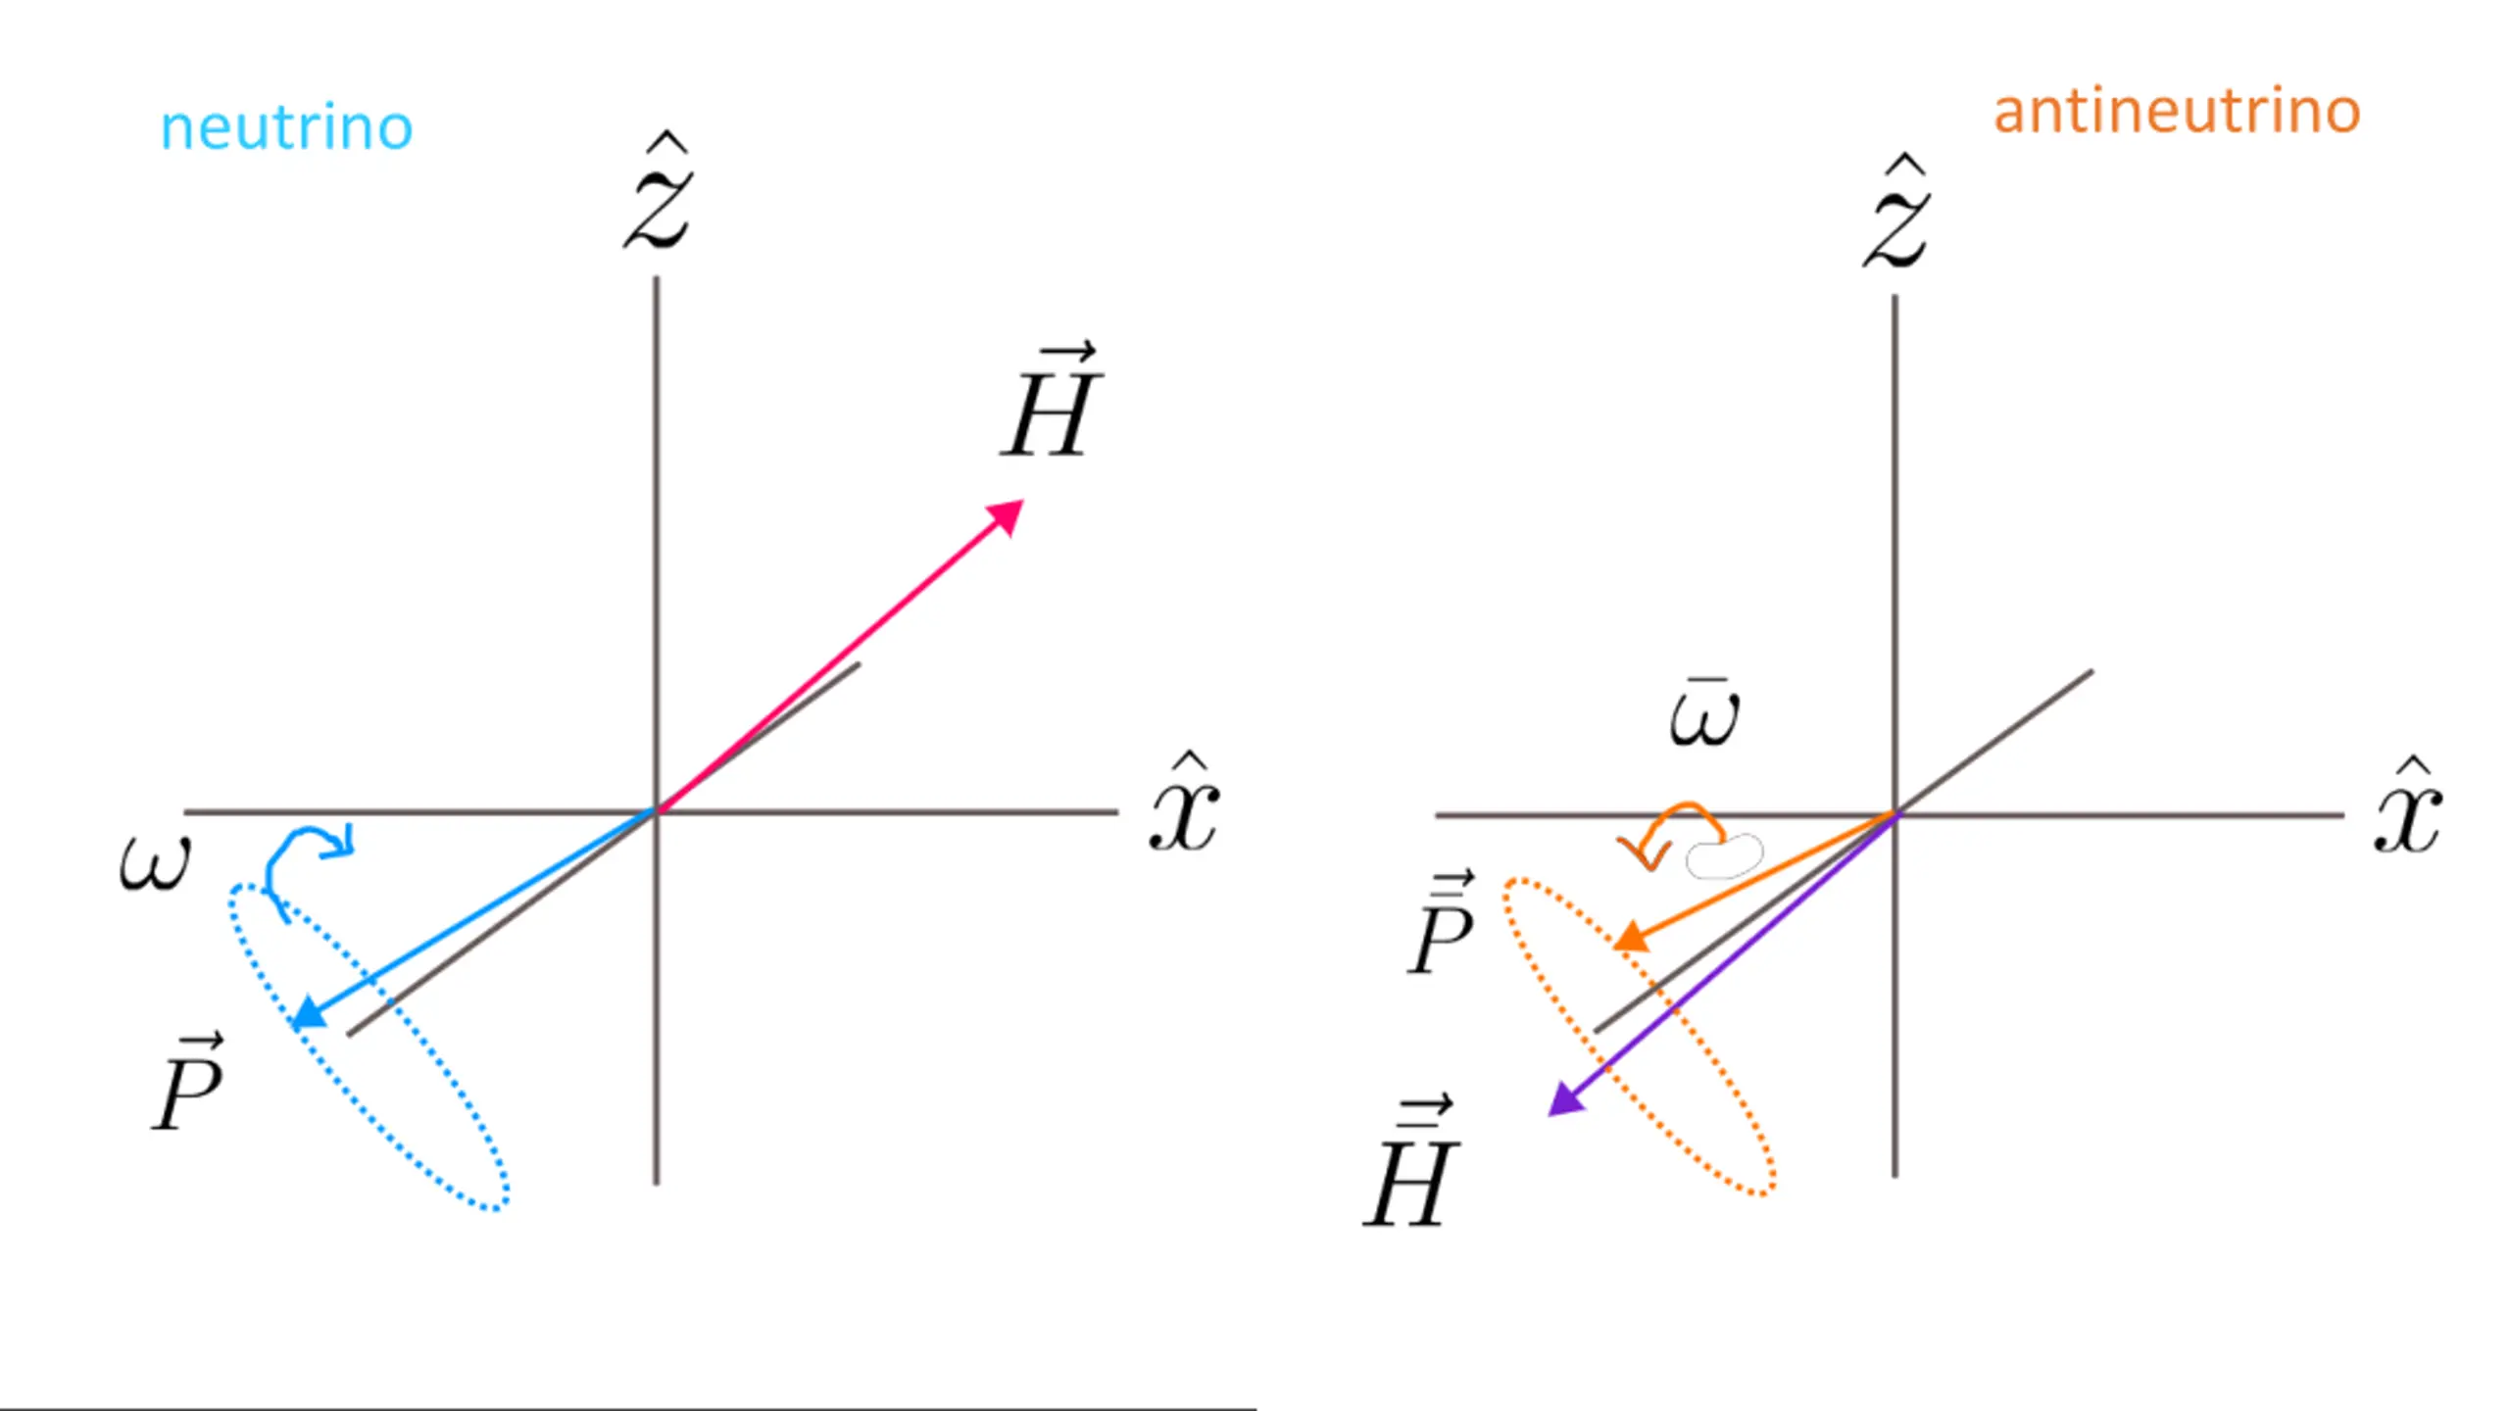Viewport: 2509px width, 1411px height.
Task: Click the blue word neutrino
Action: [286, 128]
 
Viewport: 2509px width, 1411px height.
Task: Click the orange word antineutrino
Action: [2177, 112]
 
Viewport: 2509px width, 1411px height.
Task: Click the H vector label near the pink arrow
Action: [1050, 404]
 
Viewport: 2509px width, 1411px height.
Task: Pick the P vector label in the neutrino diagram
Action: [189, 1085]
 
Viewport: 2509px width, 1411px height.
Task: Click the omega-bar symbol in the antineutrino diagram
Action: [1704, 715]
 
